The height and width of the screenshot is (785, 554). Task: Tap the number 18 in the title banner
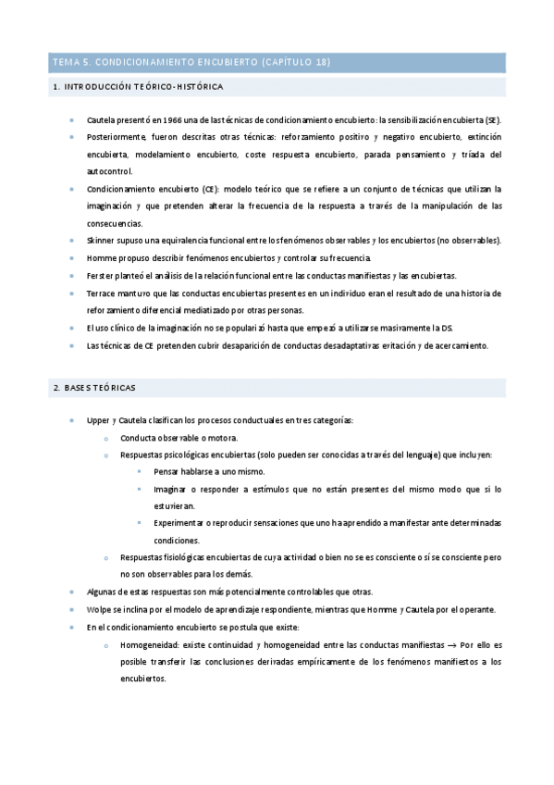(x=321, y=63)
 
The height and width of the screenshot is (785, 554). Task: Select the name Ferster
(x=101, y=276)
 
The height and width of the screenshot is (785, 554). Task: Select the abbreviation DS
(x=447, y=328)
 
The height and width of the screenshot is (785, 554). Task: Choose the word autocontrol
(x=109, y=171)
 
